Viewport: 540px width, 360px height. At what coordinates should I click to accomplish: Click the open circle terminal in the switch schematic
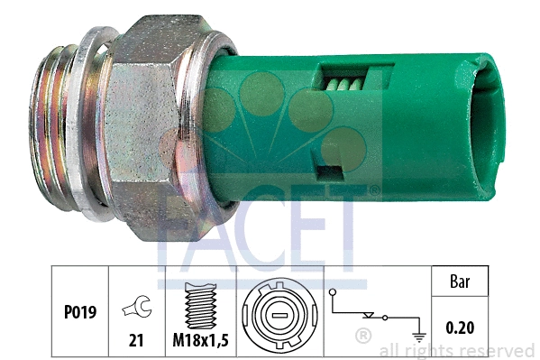[332, 292]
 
